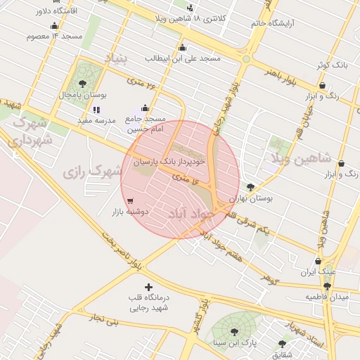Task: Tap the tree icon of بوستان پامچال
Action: coord(83,84)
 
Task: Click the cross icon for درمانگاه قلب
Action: coord(148,287)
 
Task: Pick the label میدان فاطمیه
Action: coord(326,297)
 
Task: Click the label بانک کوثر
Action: coord(332,65)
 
